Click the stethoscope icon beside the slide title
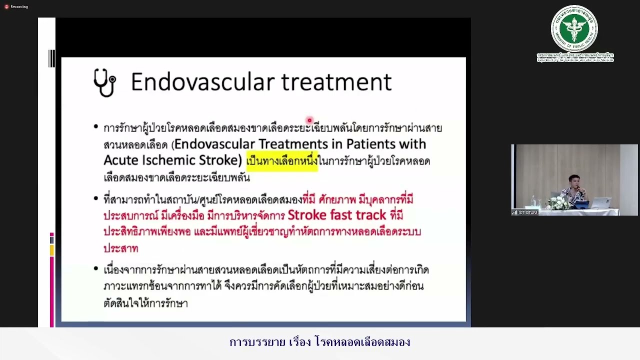click(104, 82)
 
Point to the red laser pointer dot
click(309, 120)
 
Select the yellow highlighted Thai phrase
click(281, 161)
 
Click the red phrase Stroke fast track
click(336, 215)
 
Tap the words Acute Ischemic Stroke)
click(172, 160)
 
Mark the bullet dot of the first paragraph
click(96, 127)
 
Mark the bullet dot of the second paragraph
click(96, 199)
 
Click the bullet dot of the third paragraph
click(96, 269)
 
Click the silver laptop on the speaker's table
click(602, 203)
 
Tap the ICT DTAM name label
click(525, 212)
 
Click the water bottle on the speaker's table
click(533, 201)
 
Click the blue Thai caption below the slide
click(319, 342)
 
